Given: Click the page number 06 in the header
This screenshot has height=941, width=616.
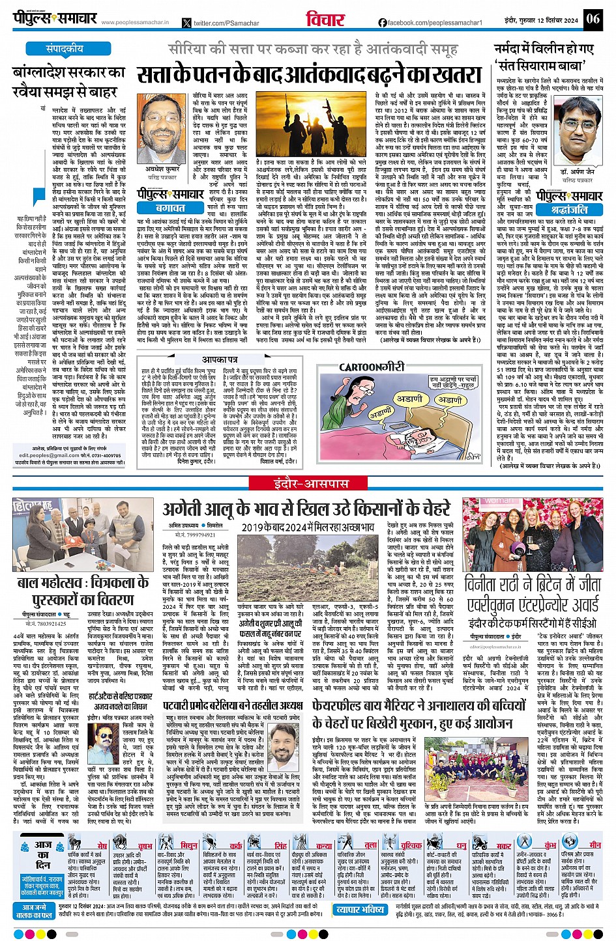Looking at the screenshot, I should (593, 18).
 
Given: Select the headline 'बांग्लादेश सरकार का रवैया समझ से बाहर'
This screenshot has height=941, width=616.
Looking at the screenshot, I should (68, 81).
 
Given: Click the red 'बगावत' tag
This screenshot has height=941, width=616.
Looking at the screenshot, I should (170, 208).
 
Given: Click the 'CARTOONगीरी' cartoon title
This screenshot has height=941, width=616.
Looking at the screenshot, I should (372, 368).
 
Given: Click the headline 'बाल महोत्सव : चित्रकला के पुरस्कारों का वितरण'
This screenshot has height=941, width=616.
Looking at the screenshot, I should (83, 590).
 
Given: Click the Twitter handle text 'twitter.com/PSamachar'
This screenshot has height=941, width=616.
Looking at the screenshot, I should (226, 23).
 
